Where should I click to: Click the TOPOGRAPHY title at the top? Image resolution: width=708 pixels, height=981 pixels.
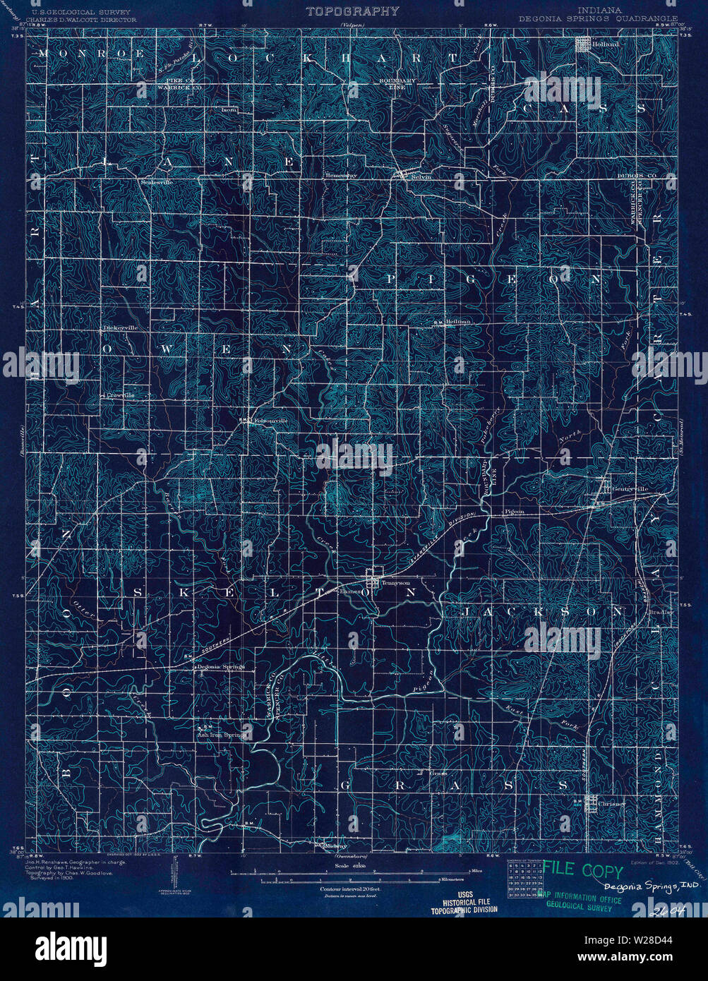(352, 11)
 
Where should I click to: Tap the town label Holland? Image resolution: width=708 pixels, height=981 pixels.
(606, 44)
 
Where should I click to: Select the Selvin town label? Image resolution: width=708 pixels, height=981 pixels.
(421, 177)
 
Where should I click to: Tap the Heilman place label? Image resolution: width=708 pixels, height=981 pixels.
(457, 322)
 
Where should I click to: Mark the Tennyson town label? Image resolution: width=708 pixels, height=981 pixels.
(395, 583)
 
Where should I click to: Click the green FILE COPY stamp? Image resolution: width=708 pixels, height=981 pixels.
(582, 872)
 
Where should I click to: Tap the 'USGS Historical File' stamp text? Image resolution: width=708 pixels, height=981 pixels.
(464, 901)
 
